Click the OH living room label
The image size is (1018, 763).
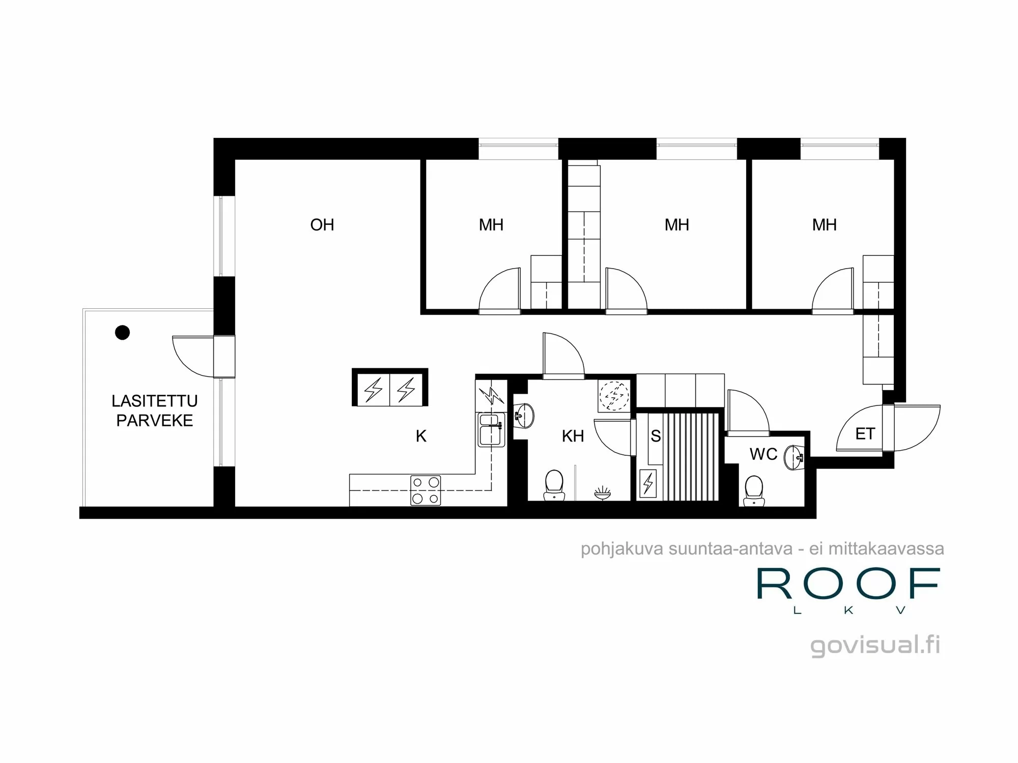(322, 225)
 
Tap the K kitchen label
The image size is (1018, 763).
(421, 436)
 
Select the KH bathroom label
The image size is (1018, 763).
(573, 436)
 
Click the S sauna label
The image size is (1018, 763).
(656, 436)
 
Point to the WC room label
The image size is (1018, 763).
(763, 454)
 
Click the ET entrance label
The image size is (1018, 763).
(865, 434)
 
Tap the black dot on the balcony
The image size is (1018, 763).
(122, 333)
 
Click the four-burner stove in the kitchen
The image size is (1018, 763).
(426, 490)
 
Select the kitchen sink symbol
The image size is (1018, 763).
(491, 430)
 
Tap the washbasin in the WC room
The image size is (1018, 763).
(794, 457)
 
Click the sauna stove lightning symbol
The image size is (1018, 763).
(648, 483)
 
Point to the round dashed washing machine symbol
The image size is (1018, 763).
(614, 396)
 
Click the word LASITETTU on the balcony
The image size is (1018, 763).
(154, 401)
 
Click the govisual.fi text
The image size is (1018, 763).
(874, 645)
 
